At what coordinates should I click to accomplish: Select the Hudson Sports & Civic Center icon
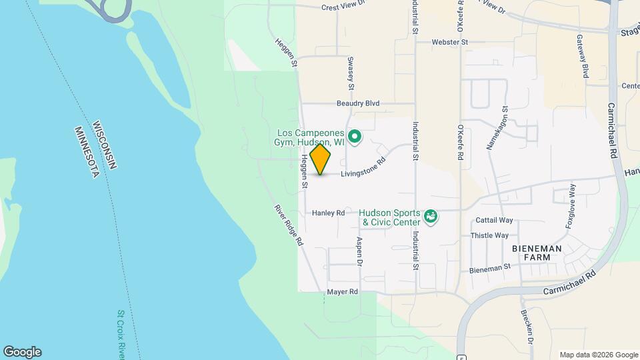(431, 217)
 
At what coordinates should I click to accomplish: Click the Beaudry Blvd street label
(357, 103)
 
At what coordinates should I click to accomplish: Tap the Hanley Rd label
(328, 213)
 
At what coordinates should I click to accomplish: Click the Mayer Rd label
(343, 292)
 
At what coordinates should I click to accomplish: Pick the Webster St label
(450, 42)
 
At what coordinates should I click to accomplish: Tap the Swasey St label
(350, 73)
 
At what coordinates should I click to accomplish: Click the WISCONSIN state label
(107, 145)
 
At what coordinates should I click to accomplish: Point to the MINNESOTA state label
(87, 153)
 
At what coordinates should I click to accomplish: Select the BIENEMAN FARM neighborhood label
(537, 253)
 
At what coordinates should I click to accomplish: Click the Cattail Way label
(494, 220)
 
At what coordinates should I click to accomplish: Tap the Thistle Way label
(490, 235)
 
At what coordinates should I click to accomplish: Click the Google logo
(22, 352)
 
